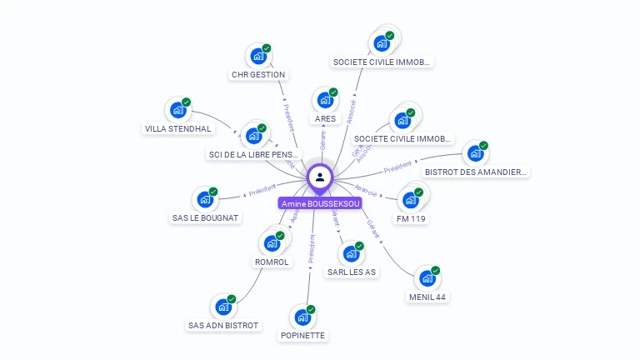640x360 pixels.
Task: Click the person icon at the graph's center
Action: coord(320,177)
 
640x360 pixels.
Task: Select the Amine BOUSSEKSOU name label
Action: coord(321,203)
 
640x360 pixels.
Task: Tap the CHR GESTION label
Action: coord(258,75)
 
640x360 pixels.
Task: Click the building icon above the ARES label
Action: coord(324,100)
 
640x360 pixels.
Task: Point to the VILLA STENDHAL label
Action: coord(178,129)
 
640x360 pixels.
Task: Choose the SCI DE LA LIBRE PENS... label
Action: coord(253,155)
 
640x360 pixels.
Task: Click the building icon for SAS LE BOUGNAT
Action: coord(204,199)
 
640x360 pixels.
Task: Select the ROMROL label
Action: coord(272,262)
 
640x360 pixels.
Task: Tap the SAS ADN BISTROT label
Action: coord(223,325)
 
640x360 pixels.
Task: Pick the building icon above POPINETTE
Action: coord(302,317)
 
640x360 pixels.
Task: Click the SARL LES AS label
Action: coord(352,272)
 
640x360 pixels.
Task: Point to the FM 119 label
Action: coord(412,218)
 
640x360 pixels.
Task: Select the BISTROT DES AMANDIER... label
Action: coord(477,172)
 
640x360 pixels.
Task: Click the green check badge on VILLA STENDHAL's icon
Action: coord(187,102)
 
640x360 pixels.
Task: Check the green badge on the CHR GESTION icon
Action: coord(267,48)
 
